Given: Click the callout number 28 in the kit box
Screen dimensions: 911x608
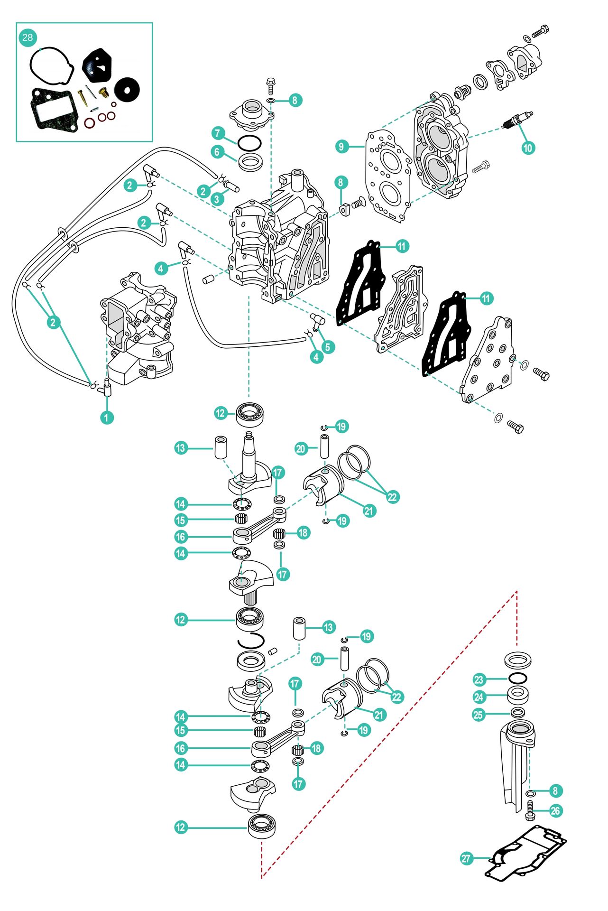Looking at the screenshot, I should pyautogui.click(x=28, y=37).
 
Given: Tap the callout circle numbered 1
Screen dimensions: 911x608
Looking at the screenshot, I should pyautogui.click(x=107, y=418).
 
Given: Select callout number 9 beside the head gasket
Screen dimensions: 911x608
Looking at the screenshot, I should pyautogui.click(x=341, y=146).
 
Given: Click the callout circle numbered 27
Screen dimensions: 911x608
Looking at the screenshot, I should pyautogui.click(x=466, y=858).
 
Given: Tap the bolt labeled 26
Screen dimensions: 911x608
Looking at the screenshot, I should pyautogui.click(x=530, y=810).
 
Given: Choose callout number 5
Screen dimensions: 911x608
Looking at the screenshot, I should pyautogui.click(x=327, y=347).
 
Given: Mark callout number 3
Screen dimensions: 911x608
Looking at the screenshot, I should pyautogui.click(x=217, y=199).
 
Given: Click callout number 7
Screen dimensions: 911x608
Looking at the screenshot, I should pyautogui.click(x=217, y=133).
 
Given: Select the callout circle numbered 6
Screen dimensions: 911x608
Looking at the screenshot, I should pyautogui.click(x=217, y=152).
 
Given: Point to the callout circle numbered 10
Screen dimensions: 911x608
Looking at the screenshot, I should pyautogui.click(x=527, y=148).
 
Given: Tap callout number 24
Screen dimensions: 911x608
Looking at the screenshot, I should pyautogui.click(x=479, y=697).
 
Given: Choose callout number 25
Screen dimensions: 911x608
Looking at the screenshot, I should pyautogui.click(x=479, y=714).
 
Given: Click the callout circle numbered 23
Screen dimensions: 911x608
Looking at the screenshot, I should pyautogui.click(x=479, y=679).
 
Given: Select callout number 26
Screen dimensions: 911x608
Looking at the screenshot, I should pyautogui.click(x=555, y=811).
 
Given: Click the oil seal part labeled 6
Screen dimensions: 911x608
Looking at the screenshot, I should pyautogui.click(x=250, y=162).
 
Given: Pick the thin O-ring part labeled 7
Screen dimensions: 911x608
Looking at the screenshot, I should pyautogui.click(x=249, y=141).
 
